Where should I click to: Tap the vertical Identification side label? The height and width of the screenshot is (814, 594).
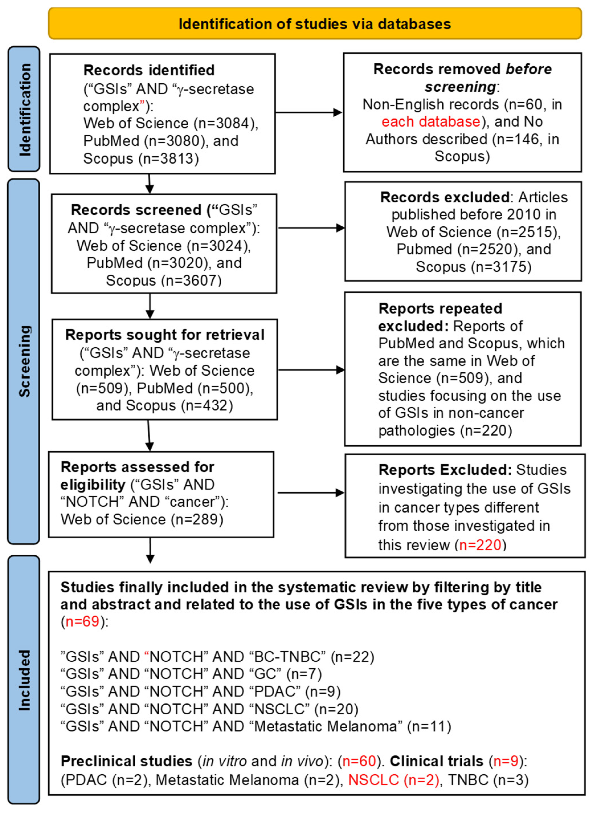pos(24,109)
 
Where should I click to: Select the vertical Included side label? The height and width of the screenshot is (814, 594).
pos(24,680)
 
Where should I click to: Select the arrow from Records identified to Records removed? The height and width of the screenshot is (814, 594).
pos(309,113)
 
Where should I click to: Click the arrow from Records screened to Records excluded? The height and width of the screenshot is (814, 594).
pos(311,228)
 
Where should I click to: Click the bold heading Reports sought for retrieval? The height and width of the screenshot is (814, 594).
pos(165,335)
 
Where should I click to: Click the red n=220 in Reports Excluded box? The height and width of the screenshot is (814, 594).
pos(480,545)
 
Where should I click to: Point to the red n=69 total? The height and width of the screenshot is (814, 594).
pos(82,621)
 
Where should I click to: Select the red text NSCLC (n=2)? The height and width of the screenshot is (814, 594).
pos(394,780)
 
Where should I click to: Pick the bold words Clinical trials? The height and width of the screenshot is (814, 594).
pos(437,761)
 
